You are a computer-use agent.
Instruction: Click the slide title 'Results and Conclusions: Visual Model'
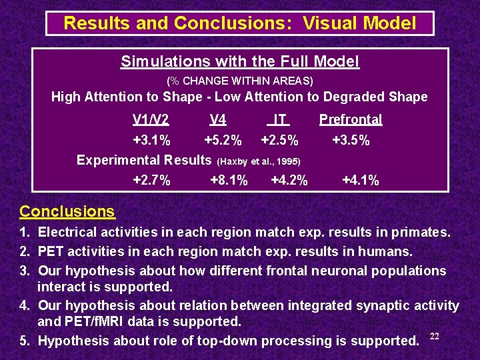pyautogui.click(x=239, y=23)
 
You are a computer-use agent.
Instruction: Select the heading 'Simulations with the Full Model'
pyautogui.click(x=240, y=62)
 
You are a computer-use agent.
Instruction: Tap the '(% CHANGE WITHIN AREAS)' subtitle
pyautogui.click(x=240, y=81)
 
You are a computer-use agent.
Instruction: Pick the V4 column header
pyautogui.click(x=218, y=120)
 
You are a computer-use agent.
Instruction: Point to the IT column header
pyautogui.click(x=280, y=120)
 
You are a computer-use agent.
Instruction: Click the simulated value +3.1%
pyautogui.click(x=152, y=141)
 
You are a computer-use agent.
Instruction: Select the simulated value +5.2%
pyautogui.click(x=223, y=141)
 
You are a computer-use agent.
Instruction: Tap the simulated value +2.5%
pyautogui.click(x=279, y=141)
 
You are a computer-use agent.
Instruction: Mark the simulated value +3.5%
pyautogui.click(x=351, y=141)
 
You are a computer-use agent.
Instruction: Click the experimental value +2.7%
pyautogui.click(x=152, y=180)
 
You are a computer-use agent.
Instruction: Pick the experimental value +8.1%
pyautogui.click(x=229, y=180)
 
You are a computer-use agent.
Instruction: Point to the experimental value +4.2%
pyautogui.click(x=289, y=180)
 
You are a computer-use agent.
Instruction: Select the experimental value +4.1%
pyautogui.click(x=360, y=180)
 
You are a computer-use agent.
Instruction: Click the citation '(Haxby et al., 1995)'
pyautogui.click(x=259, y=161)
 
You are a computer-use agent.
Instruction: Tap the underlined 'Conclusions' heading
pyautogui.click(x=67, y=212)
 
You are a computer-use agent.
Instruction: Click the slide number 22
pyautogui.click(x=435, y=335)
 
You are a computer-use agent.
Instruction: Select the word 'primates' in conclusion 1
pyautogui.click(x=422, y=233)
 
